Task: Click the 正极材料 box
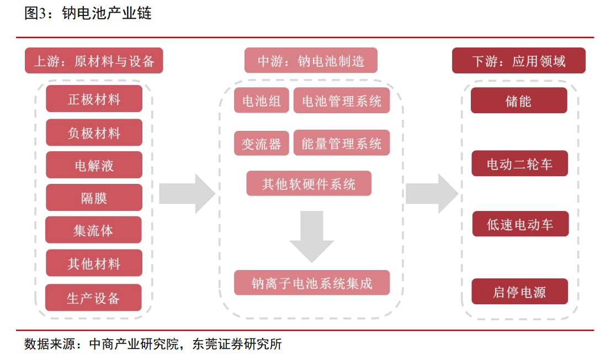tap(94, 99)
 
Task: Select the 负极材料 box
tap(94, 133)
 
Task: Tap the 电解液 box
tap(94, 165)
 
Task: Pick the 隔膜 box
tap(94, 198)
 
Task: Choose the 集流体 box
tap(93, 230)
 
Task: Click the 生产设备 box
tap(93, 298)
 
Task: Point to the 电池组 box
tap(262, 100)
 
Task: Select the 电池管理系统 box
tap(342, 100)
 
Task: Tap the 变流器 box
tap(262, 144)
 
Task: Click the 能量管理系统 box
tap(342, 144)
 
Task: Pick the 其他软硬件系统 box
tap(309, 183)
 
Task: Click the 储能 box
tap(519, 100)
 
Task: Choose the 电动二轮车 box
tap(519, 163)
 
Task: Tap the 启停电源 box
tap(519, 292)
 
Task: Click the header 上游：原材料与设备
tap(94, 61)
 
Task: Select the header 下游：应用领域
tap(519, 61)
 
